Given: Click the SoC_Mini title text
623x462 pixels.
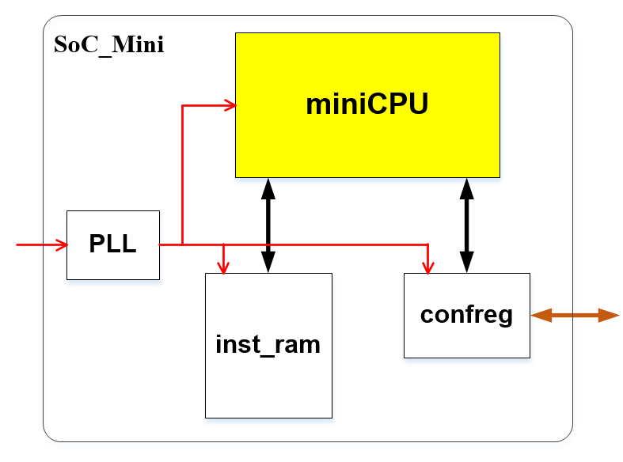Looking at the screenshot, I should tap(108, 44).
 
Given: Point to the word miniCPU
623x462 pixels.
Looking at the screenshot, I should tap(367, 104).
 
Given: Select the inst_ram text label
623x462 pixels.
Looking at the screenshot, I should tap(268, 344).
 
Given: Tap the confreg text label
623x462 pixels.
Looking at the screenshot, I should tap(466, 314).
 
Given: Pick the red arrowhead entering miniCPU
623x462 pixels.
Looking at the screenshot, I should tap(230, 105).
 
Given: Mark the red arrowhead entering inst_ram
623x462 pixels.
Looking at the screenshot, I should tap(225, 267).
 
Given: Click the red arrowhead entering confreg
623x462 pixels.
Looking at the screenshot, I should tap(429, 267).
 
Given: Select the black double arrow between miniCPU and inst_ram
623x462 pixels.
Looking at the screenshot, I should tap(268, 225).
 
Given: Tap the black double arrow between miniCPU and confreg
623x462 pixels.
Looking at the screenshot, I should tap(466, 225).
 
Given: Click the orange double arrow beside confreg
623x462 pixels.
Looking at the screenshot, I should tap(574, 316).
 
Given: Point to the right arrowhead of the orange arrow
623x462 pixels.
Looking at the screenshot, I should tap(610, 316).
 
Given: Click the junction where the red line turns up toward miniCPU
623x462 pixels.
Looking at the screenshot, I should tap(183, 245).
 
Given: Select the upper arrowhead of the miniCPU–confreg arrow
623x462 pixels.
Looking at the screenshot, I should tap(466, 188).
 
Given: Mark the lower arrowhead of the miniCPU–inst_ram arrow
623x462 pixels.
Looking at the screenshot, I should tap(268, 263).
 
